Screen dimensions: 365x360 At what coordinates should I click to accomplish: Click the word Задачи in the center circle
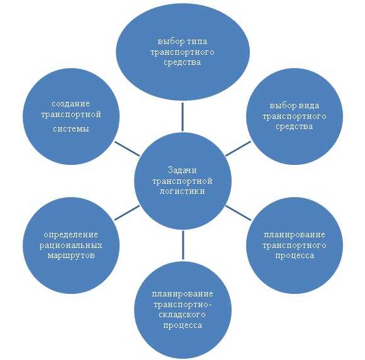click(x=182, y=171)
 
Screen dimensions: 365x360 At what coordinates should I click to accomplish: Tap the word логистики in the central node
click(x=182, y=191)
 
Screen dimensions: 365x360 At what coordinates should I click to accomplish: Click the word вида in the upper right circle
click(x=309, y=106)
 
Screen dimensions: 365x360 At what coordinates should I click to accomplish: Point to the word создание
click(x=70, y=104)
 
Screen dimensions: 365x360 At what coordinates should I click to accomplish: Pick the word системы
click(x=70, y=129)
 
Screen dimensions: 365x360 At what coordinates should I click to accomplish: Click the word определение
click(x=70, y=235)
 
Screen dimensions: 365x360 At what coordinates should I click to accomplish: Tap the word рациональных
click(x=70, y=245)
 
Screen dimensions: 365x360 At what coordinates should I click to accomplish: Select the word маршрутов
click(x=71, y=256)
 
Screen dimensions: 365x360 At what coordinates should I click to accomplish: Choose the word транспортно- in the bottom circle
click(x=182, y=305)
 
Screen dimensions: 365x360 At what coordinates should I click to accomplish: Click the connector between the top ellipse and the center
click(x=182, y=117)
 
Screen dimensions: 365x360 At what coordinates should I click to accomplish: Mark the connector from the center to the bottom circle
click(x=183, y=245)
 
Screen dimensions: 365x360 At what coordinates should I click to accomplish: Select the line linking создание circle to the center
click(x=127, y=149)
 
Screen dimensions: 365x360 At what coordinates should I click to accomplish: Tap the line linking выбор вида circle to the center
click(x=238, y=149)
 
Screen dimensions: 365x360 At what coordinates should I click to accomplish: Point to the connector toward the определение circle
click(x=127, y=213)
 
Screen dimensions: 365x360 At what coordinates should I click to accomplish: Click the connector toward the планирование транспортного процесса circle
click(x=238, y=213)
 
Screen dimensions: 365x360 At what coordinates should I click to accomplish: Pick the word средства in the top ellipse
click(x=182, y=62)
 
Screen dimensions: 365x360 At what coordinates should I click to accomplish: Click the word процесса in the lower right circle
click(x=295, y=256)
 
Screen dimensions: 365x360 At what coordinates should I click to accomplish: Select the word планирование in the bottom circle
click(x=182, y=294)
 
